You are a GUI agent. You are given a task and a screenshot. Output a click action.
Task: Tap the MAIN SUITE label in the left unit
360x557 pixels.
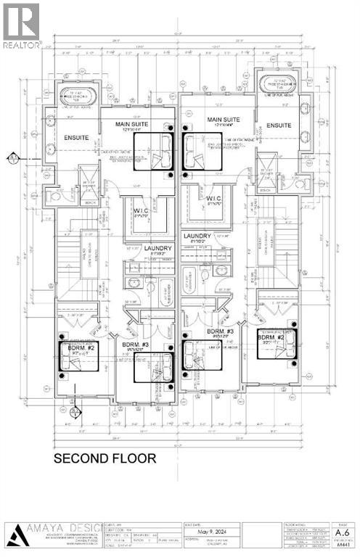(x=133, y=124)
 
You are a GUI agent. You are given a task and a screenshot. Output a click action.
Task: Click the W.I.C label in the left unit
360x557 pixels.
(x=141, y=213)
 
